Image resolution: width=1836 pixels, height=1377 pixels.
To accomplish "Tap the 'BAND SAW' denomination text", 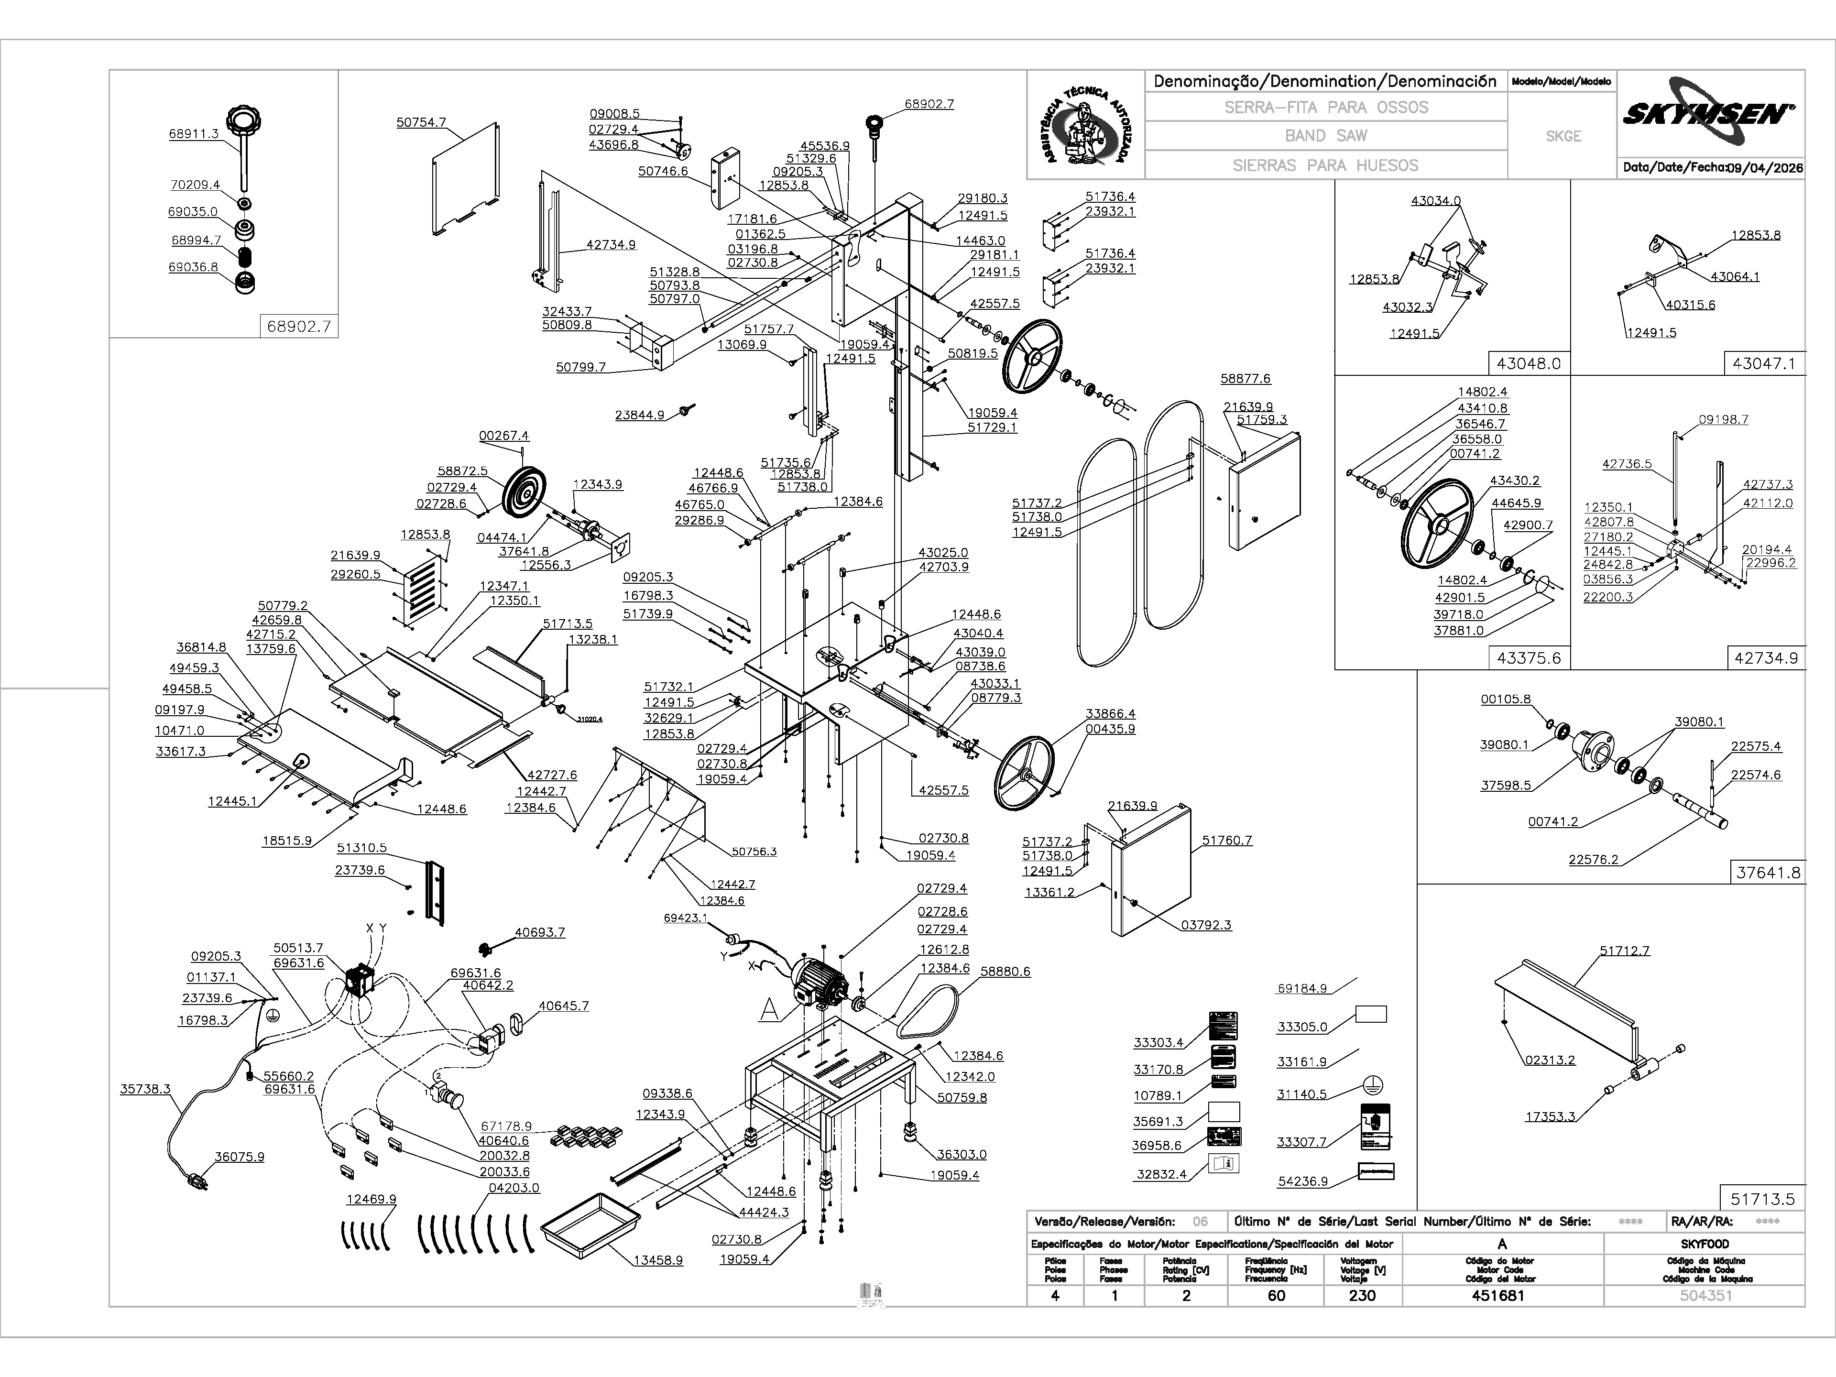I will (1325, 135).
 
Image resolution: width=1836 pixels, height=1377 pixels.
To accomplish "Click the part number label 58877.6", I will (1245, 379).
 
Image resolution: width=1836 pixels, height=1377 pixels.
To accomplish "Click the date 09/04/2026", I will (1765, 168).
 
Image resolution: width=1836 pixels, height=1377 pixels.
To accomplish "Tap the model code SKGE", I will (1563, 136).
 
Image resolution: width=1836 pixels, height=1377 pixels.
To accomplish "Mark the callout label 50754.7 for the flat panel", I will (421, 122).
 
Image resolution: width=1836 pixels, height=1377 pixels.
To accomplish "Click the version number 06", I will (1200, 1222).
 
